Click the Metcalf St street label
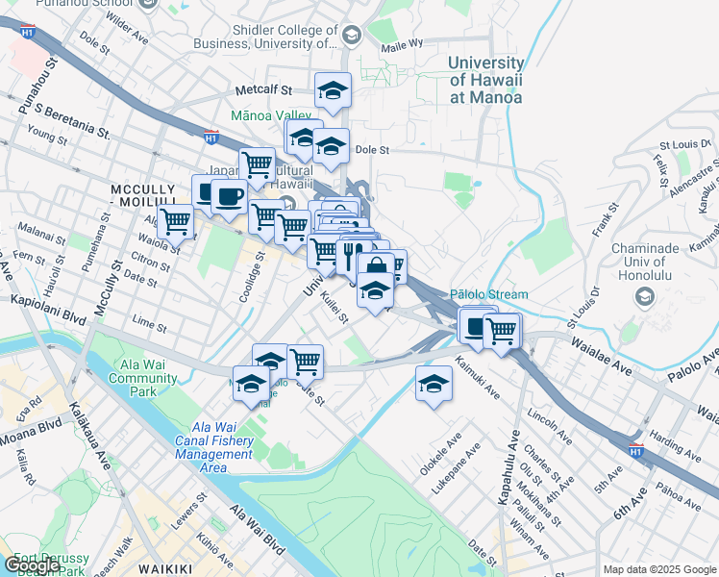(x=263, y=90)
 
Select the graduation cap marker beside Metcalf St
(x=334, y=91)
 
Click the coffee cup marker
(x=228, y=197)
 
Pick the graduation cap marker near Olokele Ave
(x=434, y=384)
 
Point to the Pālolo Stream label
(x=489, y=294)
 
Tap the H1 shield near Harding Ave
(x=635, y=450)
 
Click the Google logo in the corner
(x=31, y=566)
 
